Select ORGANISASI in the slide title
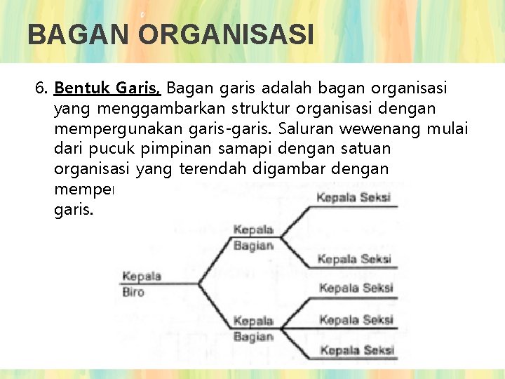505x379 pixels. tap(226, 34)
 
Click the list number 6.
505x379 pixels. tap(41, 89)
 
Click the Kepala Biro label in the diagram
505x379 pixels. tap(141, 284)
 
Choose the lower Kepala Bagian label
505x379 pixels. tap(253, 328)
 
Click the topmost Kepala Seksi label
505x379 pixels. tap(353, 198)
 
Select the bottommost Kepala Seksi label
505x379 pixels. tap(356, 350)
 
